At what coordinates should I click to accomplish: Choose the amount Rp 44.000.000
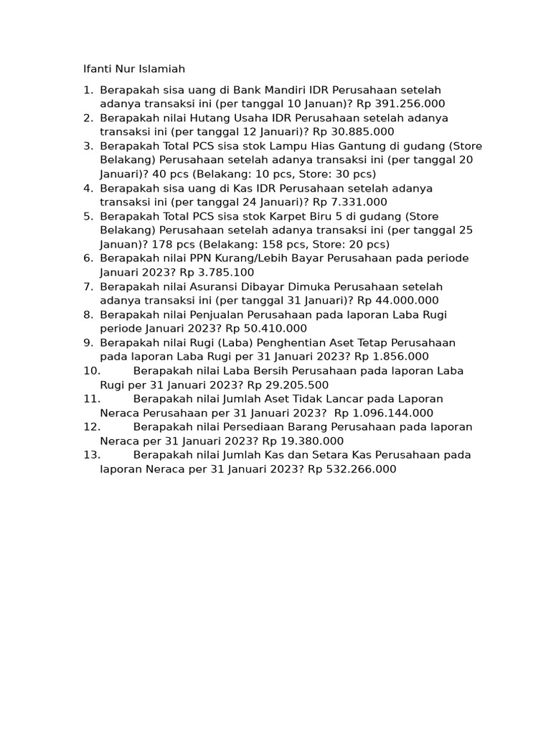point(398,301)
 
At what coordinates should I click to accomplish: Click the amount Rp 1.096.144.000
point(384,413)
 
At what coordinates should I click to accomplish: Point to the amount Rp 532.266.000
point(352,469)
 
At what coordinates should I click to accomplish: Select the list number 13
point(91,455)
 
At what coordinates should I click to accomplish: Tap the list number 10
point(91,371)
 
